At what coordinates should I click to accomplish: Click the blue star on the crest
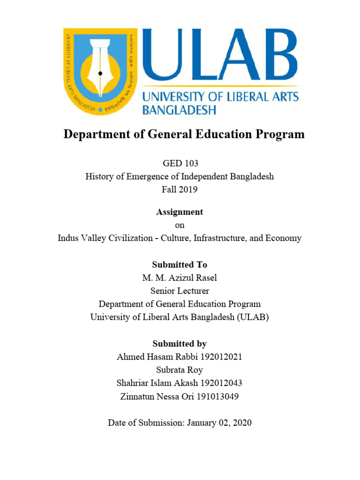point(100,109)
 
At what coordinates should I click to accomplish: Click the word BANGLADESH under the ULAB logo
point(179,110)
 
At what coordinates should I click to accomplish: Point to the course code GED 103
point(180,164)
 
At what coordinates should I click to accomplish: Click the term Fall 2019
point(180,190)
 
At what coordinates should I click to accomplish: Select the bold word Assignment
point(180,212)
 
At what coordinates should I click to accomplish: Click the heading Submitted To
point(180,265)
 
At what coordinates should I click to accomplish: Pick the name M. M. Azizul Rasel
point(180,278)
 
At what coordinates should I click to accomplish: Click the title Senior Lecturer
point(180,291)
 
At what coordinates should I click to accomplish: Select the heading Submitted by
point(180,344)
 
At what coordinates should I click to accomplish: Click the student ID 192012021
point(220,357)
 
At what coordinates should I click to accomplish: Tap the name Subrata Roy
point(180,370)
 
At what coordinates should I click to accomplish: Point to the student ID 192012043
point(220,383)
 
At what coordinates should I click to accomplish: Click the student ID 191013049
point(217,396)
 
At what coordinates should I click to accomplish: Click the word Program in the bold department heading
point(278,135)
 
